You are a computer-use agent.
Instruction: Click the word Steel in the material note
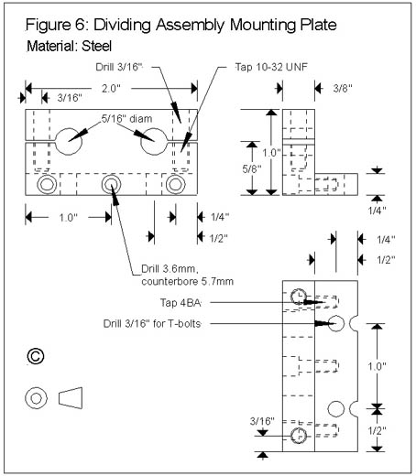[96, 46]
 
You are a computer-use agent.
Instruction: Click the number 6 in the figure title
[80, 25]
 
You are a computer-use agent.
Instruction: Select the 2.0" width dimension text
[111, 89]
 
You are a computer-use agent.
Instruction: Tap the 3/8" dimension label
[343, 89]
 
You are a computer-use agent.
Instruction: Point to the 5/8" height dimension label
[252, 168]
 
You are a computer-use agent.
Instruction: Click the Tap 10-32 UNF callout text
[271, 67]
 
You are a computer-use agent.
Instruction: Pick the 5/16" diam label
[126, 118]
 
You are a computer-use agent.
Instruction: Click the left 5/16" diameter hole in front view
[69, 142]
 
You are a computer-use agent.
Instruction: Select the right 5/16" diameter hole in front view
[154, 142]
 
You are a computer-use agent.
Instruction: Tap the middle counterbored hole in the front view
[111, 184]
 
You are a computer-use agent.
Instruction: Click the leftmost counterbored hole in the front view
[47, 184]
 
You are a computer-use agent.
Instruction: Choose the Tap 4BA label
[181, 303]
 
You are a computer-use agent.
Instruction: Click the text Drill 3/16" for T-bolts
[152, 323]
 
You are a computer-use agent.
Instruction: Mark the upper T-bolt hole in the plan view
[336, 323]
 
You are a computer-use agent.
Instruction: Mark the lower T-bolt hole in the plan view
[336, 409]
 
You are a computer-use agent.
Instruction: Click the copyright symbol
[36, 356]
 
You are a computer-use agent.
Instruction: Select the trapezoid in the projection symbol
[71, 398]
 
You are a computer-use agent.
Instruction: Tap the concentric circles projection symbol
[37, 398]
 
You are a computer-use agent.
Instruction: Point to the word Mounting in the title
[263, 26]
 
